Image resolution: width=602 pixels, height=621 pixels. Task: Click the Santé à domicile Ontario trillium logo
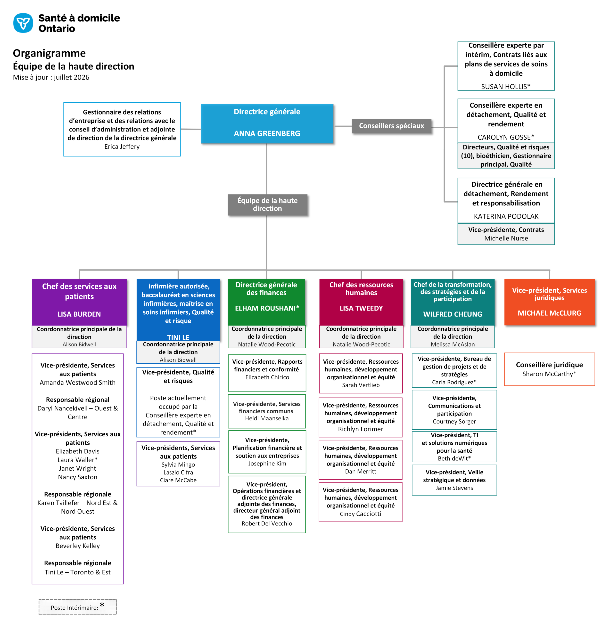pos(23,23)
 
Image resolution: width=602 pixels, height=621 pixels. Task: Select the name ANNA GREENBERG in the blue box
pos(267,133)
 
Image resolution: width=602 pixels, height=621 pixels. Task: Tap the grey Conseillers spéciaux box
pos(391,126)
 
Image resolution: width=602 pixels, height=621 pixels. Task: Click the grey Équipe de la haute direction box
pos(267,205)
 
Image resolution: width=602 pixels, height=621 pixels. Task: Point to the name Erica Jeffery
pos(122,147)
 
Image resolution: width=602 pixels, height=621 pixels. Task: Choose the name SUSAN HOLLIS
pos(506,87)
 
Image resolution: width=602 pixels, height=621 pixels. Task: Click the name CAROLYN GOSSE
pos(506,137)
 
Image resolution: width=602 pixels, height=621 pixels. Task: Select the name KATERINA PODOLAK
pos(506,216)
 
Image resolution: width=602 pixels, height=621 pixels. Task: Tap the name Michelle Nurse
pos(506,238)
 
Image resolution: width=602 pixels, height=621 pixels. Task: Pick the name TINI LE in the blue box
pos(178,337)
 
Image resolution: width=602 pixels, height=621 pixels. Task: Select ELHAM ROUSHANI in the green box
pos(267,308)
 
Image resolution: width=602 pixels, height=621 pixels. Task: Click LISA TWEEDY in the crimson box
pos(361,308)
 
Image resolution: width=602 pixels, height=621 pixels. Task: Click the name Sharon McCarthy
pos(549,374)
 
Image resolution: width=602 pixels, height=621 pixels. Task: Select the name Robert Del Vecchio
pos(267,523)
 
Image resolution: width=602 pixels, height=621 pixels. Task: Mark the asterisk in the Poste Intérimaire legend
pos(102,605)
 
